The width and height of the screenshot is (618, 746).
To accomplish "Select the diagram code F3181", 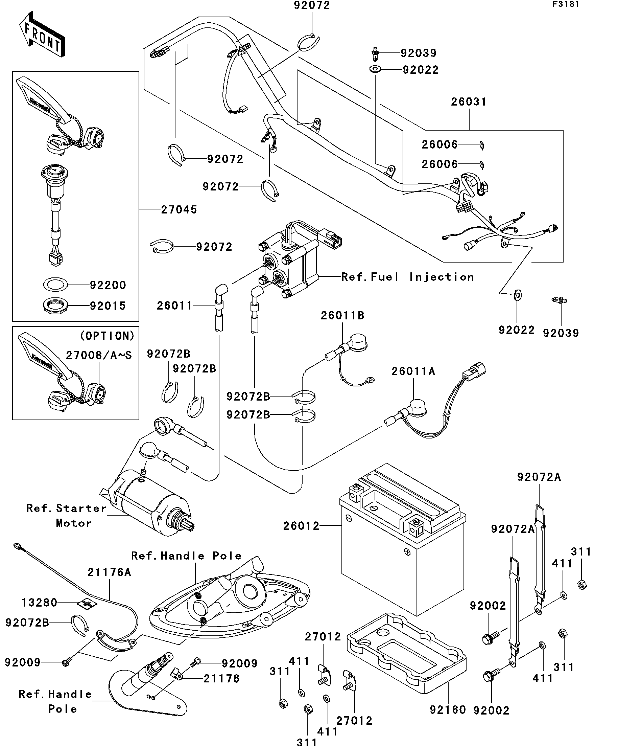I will (x=566, y=5).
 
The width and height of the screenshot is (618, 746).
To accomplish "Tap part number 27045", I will (x=179, y=210).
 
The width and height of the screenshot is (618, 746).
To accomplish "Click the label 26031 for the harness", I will (x=469, y=102).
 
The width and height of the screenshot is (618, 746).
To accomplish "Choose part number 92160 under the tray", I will (x=448, y=710).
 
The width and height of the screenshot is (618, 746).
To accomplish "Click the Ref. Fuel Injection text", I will (x=407, y=277).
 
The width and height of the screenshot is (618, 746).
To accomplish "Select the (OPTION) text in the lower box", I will (x=107, y=336).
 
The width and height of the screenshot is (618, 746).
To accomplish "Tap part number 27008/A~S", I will (x=99, y=355).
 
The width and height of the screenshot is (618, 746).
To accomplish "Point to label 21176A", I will (x=109, y=572).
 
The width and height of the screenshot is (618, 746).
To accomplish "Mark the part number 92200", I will (x=108, y=285).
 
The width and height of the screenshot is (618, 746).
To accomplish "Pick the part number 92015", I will (x=108, y=306).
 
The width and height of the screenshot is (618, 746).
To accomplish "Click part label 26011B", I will (x=342, y=315).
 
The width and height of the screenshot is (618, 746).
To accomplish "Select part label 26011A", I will (x=413, y=371).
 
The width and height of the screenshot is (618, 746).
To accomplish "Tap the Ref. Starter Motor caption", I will (x=66, y=516).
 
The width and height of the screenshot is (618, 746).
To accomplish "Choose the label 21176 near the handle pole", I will (x=221, y=679).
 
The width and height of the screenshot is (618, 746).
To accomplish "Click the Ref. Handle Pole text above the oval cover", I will (x=186, y=556).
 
